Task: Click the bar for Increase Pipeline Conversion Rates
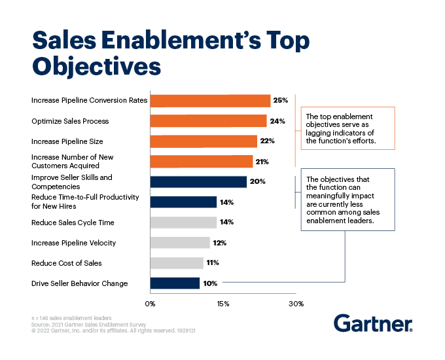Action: [210, 100]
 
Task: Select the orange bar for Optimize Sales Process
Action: [208, 121]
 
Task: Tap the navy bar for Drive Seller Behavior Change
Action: [175, 283]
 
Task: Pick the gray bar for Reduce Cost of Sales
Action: [177, 263]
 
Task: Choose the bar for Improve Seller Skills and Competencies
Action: [198, 182]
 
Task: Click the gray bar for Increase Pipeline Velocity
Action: [180, 243]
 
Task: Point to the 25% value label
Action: [281, 100]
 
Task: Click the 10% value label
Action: [210, 283]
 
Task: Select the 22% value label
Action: [267, 141]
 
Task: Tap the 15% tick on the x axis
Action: [223, 303]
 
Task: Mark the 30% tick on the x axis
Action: [296, 303]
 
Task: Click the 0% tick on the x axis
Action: [150, 303]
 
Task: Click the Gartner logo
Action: [372, 323]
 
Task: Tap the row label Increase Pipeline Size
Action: [67, 141]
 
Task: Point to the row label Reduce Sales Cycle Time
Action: [73, 223]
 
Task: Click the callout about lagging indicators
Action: [347, 129]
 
